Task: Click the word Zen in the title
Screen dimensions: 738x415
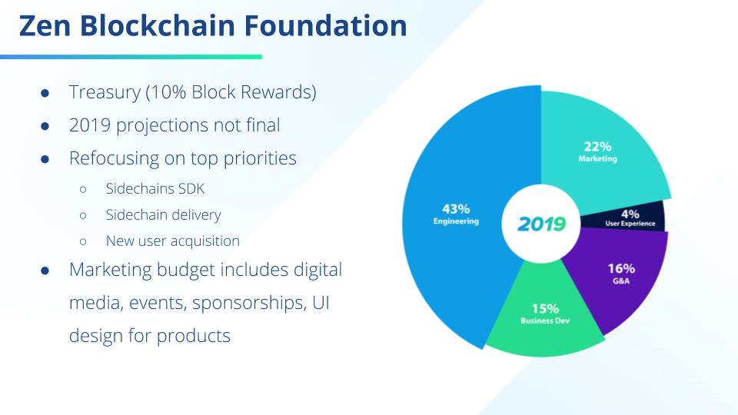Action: click(x=45, y=25)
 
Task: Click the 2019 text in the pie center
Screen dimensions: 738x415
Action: click(x=541, y=224)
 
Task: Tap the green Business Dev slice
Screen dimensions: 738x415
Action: click(x=544, y=315)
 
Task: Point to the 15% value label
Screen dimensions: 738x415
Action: click(x=545, y=309)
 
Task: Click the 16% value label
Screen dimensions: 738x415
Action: click(x=621, y=269)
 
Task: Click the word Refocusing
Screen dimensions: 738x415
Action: click(x=114, y=159)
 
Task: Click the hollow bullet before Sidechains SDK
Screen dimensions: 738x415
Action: click(x=83, y=190)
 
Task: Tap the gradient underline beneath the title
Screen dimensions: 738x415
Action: click(x=131, y=57)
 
